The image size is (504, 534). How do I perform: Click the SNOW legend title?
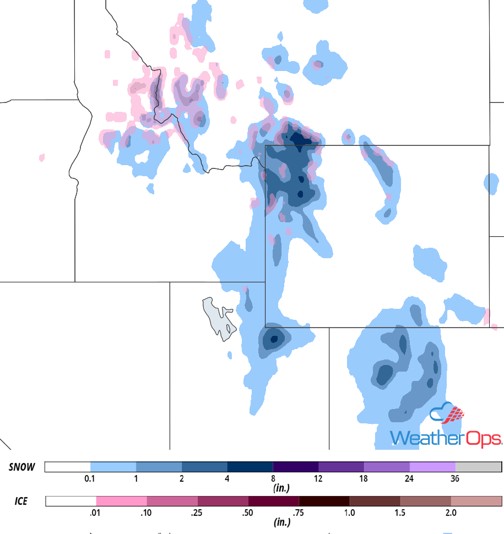pos(22,467)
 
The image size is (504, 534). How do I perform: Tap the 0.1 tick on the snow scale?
pos(90,479)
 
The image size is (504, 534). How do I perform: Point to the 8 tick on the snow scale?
pos(273,479)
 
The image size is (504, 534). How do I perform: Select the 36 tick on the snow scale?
pos(456,479)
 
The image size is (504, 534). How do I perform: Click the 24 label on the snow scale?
pos(409,479)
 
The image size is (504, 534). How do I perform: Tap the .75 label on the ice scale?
pos(299,513)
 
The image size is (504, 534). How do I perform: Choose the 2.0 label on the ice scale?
pos(451,513)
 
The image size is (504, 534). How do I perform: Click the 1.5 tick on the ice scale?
pos(400,513)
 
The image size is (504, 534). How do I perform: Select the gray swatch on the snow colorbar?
pos(478,467)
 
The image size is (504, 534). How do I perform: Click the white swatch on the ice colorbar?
pos(71,501)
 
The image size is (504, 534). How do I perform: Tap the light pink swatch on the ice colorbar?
pos(122,501)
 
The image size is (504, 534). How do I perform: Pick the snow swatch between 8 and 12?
pos(296,467)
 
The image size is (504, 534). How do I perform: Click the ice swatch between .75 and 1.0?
pos(324,501)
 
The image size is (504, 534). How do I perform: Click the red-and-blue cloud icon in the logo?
pos(447,415)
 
